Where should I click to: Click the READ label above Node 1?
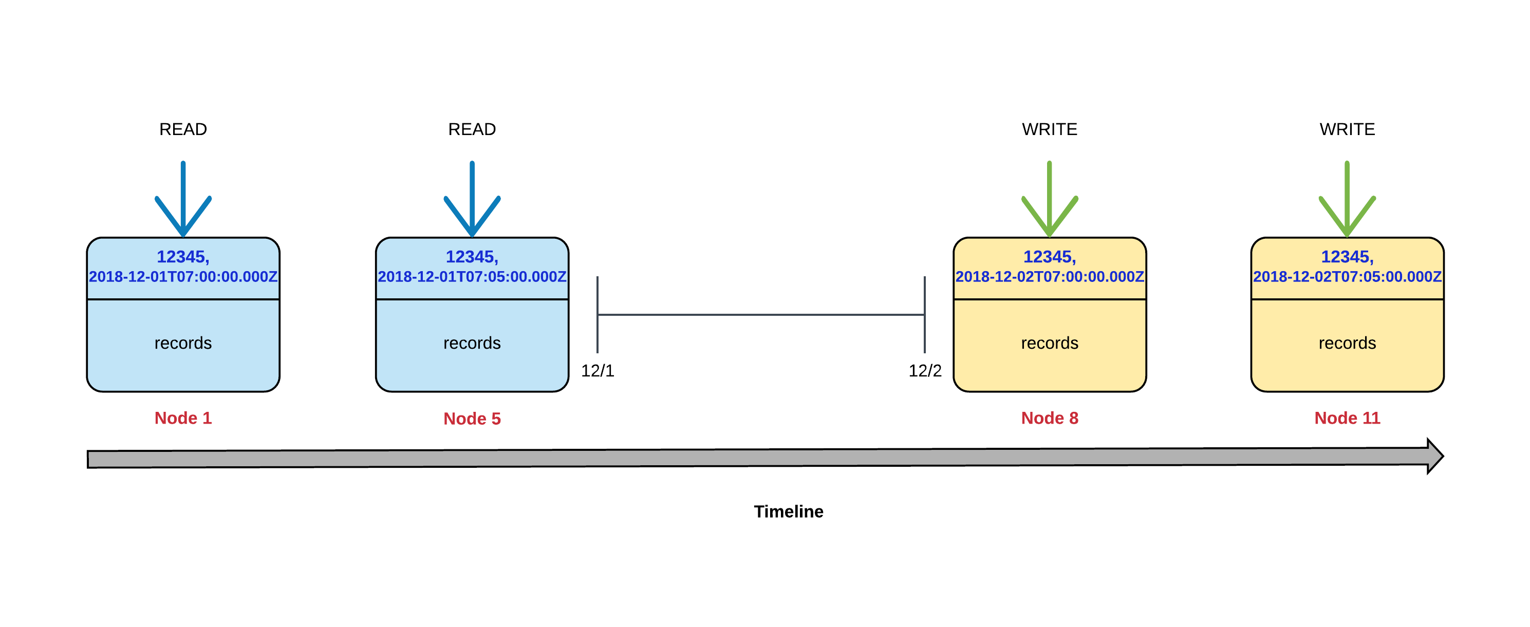tap(183, 129)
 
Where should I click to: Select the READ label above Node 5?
tap(472, 129)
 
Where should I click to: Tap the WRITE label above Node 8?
tap(1049, 129)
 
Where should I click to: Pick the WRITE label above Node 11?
tap(1347, 129)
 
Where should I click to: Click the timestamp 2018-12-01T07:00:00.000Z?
tap(183, 277)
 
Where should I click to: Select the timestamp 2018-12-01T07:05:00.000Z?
tap(472, 277)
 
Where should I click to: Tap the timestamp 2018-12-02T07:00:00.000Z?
tap(1049, 277)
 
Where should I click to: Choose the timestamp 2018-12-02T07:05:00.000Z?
tap(1347, 277)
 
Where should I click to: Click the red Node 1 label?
tap(183, 418)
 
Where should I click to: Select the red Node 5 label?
tap(472, 419)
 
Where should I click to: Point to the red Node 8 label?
tap(1049, 418)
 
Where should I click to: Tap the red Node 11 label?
tap(1347, 418)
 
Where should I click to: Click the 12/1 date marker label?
tap(597, 371)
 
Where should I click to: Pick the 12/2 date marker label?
tap(924, 371)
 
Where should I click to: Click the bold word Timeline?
tap(788, 511)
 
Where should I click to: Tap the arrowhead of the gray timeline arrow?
tap(1434, 456)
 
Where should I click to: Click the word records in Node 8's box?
tap(1049, 343)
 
